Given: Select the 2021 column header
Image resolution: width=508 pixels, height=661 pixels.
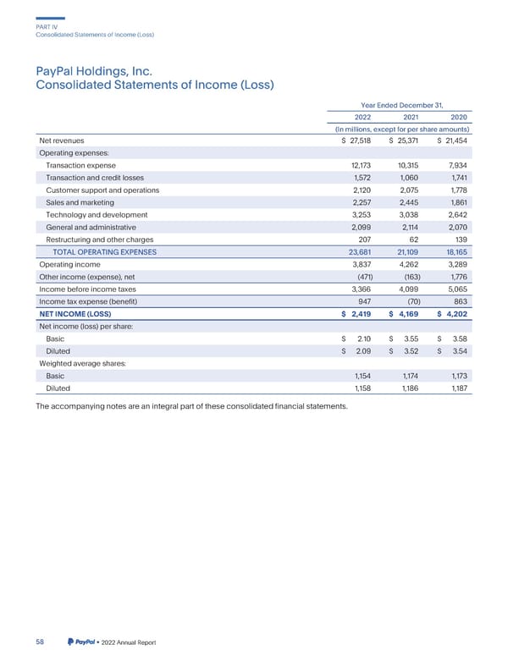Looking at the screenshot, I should tap(410, 116).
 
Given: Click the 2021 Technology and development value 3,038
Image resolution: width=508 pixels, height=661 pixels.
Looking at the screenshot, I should tap(410, 215).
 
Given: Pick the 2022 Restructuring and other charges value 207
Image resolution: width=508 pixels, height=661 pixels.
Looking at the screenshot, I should tap(361, 240).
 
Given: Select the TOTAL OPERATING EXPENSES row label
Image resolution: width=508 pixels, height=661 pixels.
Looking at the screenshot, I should tap(105, 252).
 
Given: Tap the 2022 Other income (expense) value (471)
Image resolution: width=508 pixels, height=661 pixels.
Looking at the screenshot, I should tap(359, 277).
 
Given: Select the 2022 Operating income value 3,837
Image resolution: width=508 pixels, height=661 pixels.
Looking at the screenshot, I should tap(359, 264).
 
